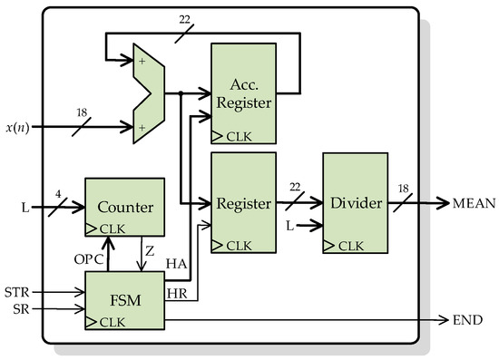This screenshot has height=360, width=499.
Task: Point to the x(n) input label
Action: tap(23, 128)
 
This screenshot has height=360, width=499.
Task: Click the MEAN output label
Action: tap(473, 204)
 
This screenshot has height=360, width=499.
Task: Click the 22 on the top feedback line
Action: tap(185, 19)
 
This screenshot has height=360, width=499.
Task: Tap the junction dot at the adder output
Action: tap(181, 92)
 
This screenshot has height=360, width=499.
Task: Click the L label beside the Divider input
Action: tap(289, 223)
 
